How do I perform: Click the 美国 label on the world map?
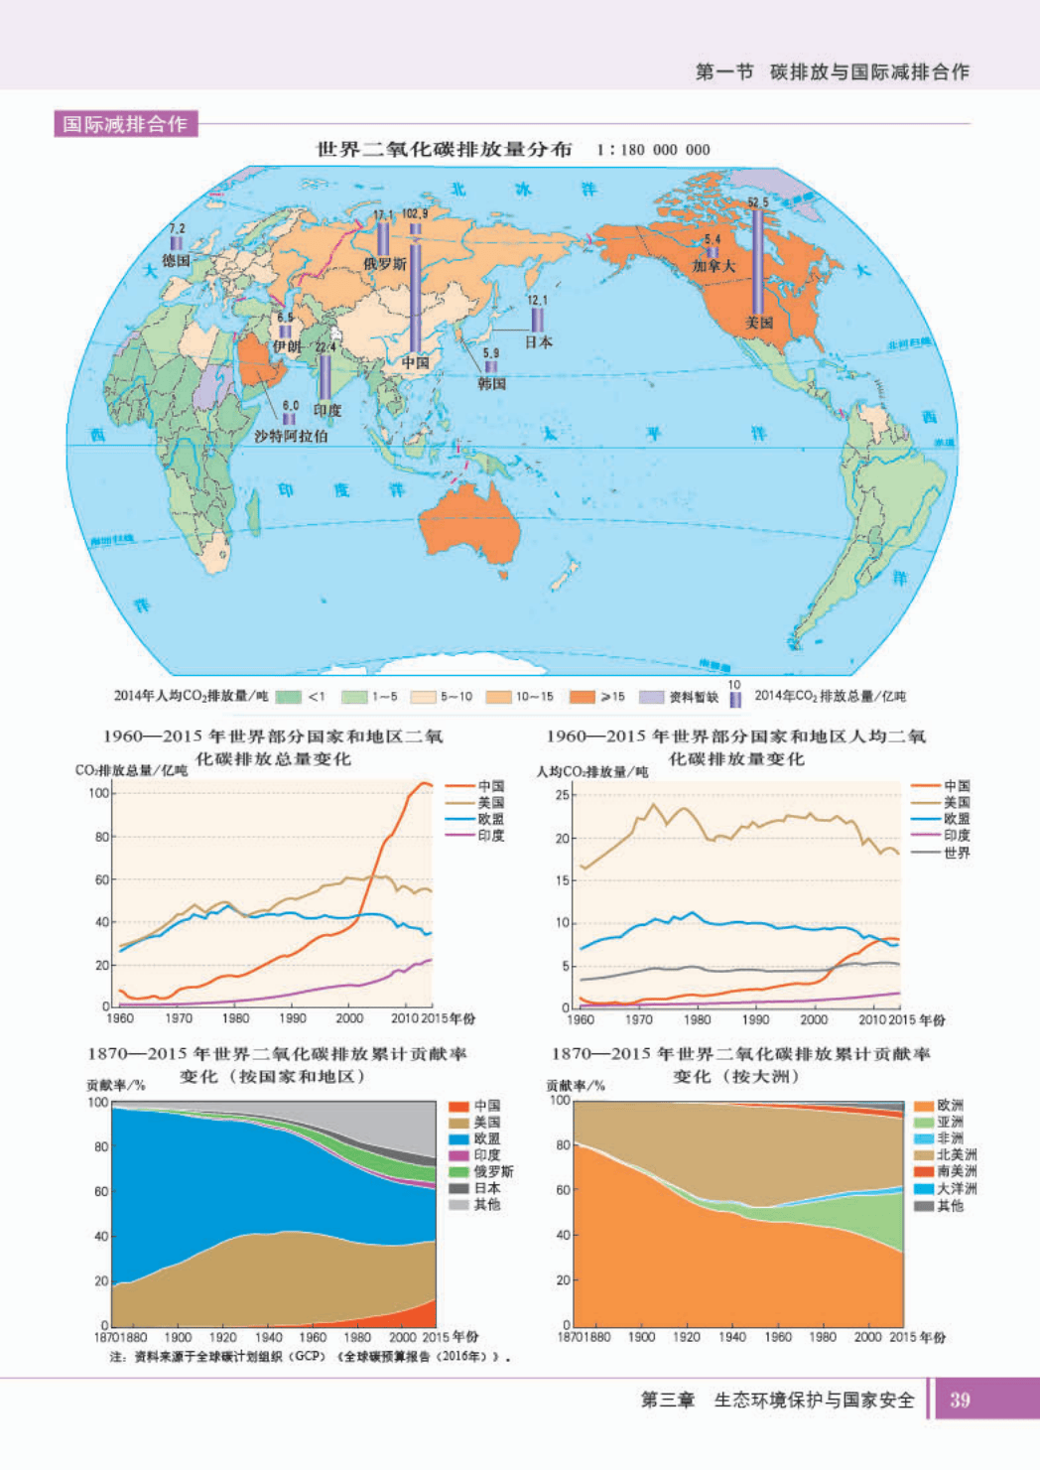(x=759, y=323)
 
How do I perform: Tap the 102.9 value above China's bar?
(x=415, y=213)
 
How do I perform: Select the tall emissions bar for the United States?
(x=757, y=260)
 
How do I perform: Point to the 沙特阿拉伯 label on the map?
(x=291, y=436)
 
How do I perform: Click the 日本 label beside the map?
(x=538, y=341)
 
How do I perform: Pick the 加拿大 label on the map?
(x=714, y=266)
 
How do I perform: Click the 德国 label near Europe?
(x=176, y=260)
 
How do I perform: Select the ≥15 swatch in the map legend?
(x=583, y=697)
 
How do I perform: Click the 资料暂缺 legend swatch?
(x=652, y=697)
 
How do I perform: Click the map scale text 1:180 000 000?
(x=653, y=150)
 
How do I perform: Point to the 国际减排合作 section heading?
(x=125, y=124)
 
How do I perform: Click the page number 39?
(x=960, y=1400)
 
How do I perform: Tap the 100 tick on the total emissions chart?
(x=98, y=792)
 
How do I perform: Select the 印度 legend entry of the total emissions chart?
(x=490, y=836)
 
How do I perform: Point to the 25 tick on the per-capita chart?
(x=563, y=794)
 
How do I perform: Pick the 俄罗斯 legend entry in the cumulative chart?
(x=493, y=1171)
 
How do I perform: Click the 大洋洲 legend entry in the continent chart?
(x=957, y=1188)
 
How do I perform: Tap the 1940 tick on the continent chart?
(x=731, y=1337)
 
